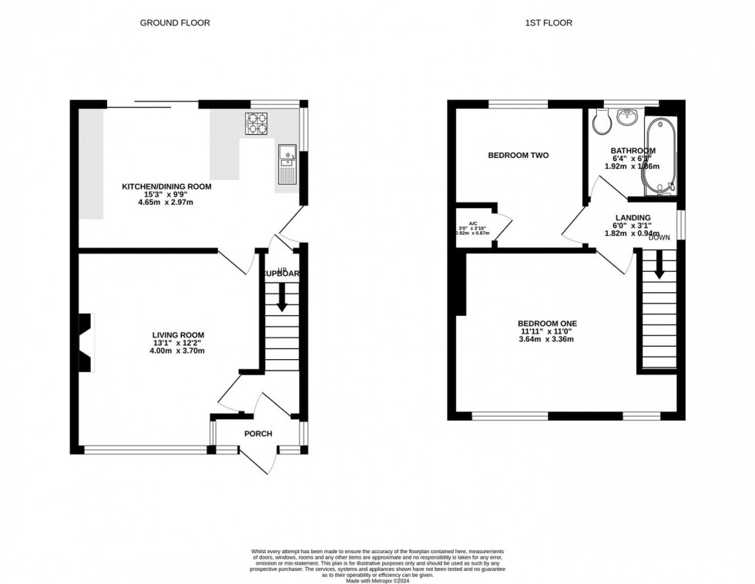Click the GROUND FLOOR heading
[174, 23]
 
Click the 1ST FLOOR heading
[548, 23]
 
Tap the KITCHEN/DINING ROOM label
[166, 186]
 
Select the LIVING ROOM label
[178, 335]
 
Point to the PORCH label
[258, 434]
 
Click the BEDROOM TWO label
[518, 156]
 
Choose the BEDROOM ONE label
[547, 324]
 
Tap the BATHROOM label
[633, 151]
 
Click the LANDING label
[633, 218]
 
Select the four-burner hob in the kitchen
[257, 124]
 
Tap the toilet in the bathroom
[602, 122]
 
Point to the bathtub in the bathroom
[660, 156]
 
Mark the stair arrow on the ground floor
[282, 297]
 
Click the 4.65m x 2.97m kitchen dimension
[166, 202]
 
